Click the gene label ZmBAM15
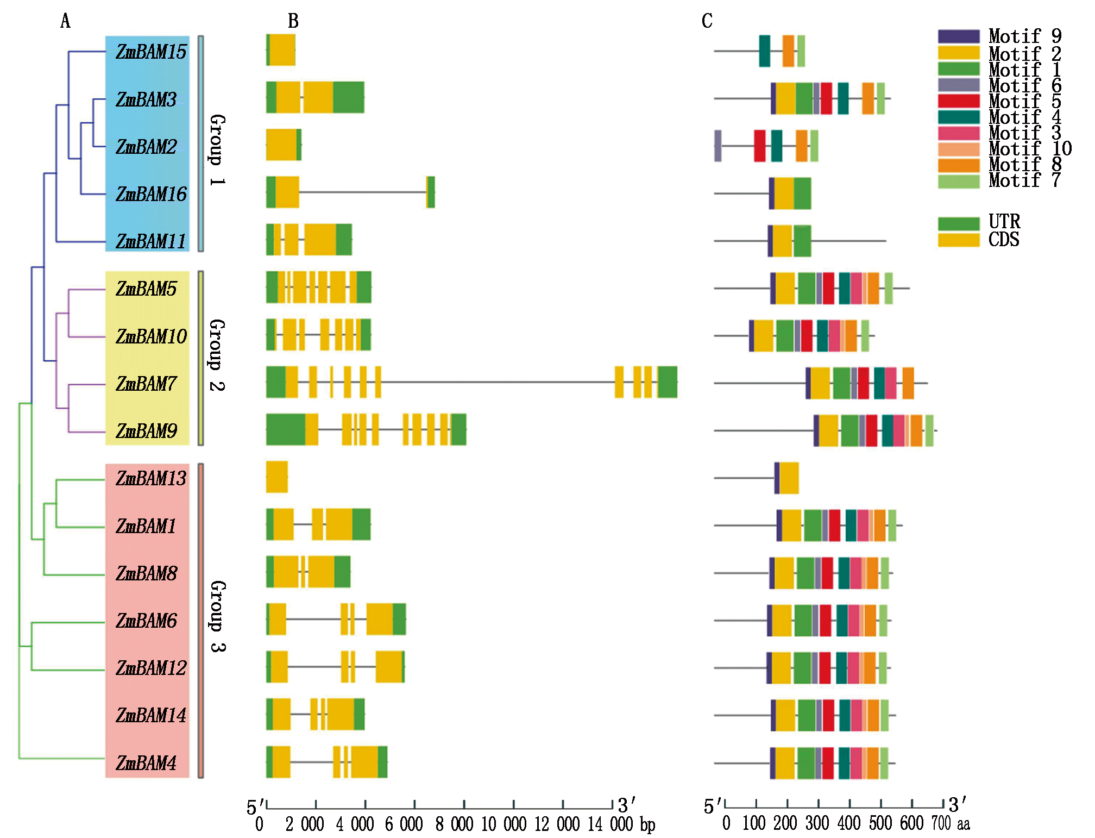tap(151, 52)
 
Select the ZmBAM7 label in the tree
tap(146, 384)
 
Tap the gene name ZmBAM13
tap(151, 478)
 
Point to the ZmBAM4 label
tap(146, 763)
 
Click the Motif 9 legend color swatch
tap(958, 36)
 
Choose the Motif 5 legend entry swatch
tap(958, 101)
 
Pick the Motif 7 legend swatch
tap(958, 181)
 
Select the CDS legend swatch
tap(958, 240)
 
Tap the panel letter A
tap(65, 21)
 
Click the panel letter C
tap(707, 21)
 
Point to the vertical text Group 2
tap(217, 355)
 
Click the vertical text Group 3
tap(217, 616)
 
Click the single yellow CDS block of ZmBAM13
tap(277, 477)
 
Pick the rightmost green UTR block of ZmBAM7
tap(668, 382)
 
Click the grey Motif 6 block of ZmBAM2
tap(718, 146)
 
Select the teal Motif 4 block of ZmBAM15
tap(764, 51)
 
